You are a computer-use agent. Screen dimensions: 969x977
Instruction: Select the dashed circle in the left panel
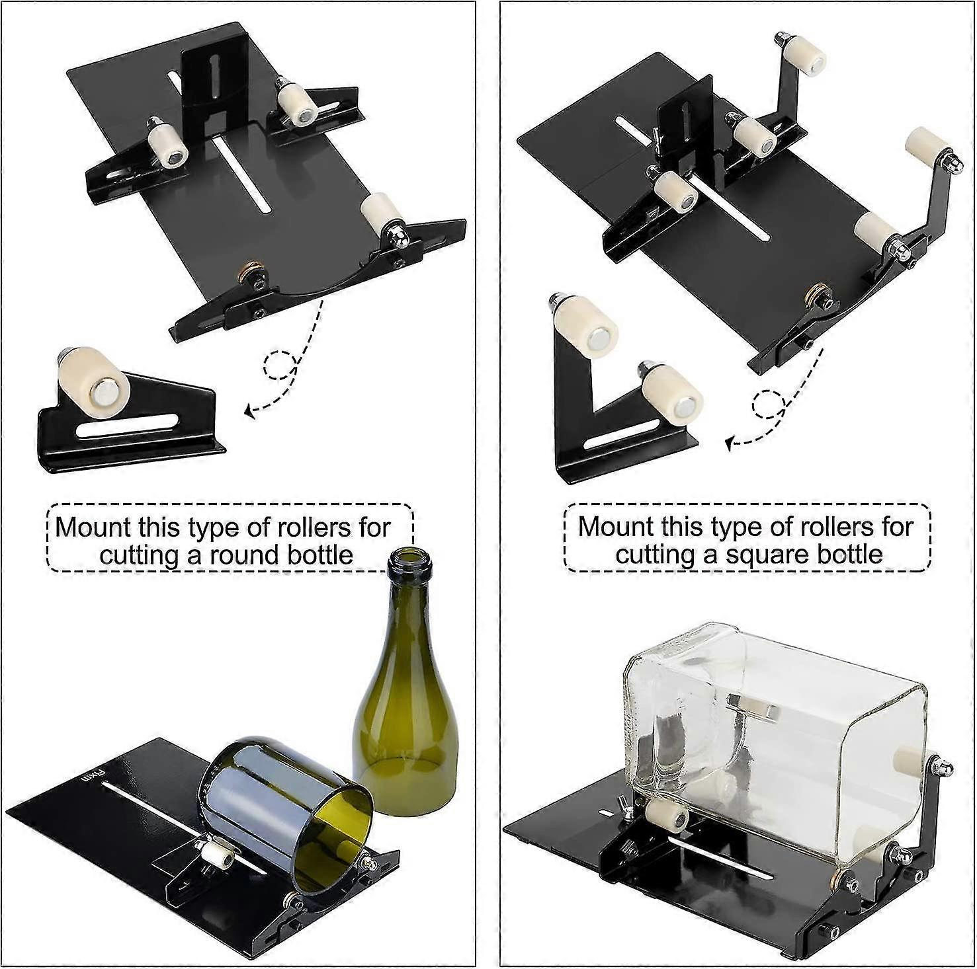(280, 366)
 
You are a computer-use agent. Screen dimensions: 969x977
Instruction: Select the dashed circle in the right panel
(769, 404)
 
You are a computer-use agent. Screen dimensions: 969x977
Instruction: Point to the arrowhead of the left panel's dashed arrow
(249, 412)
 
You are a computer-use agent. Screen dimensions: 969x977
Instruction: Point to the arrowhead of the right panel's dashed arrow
(730, 444)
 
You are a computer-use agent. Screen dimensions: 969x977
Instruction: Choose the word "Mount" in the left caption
(94, 528)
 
